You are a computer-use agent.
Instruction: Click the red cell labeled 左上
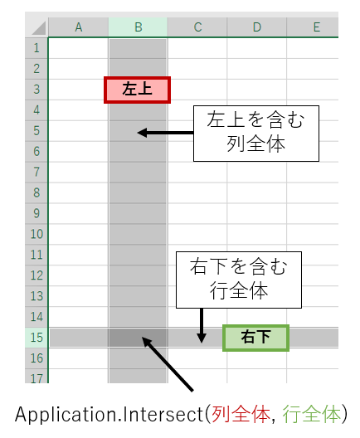(x=137, y=90)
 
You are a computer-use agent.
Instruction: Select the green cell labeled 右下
(x=255, y=338)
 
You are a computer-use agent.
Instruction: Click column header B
(x=138, y=27)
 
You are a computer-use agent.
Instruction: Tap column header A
(x=79, y=27)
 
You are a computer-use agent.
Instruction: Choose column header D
(x=257, y=27)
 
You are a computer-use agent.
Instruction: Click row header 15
(x=36, y=338)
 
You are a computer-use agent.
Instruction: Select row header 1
(x=36, y=48)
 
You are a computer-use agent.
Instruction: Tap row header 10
(x=36, y=234)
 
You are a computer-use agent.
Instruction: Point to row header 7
(x=36, y=172)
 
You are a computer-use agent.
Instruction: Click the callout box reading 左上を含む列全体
(x=256, y=134)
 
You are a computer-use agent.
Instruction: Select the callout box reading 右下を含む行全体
(x=239, y=280)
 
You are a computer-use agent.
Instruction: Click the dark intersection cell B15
(x=138, y=338)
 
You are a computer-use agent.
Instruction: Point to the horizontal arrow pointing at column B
(x=165, y=133)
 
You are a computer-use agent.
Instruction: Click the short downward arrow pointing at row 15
(x=202, y=326)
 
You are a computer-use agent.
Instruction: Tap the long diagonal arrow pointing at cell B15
(x=168, y=364)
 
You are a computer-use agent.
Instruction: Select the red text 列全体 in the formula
(x=241, y=414)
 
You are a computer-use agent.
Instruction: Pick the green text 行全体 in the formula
(x=312, y=414)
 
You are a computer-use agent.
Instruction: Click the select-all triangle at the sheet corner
(x=39, y=28)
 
